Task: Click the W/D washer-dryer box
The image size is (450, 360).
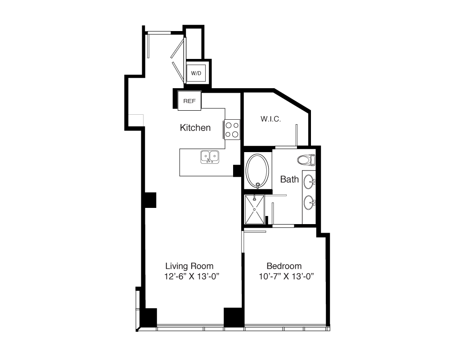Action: click(x=196, y=73)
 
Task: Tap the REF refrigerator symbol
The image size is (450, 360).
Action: click(x=189, y=101)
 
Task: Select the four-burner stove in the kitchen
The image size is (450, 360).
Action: click(x=232, y=130)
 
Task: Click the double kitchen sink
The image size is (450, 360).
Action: click(x=210, y=157)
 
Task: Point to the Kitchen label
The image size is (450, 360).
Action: click(x=195, y=127)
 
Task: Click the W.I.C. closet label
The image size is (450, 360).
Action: click(x=270, y=119)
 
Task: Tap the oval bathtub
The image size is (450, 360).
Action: click(x=258, y=171)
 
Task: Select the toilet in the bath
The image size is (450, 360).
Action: click(x=306, y=160)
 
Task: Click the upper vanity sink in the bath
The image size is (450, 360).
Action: click(x=310, y=182)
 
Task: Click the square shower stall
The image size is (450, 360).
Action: click(x=254, y=209)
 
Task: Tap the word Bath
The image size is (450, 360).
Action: click(x=289, y=180)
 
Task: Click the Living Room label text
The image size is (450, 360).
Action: click(x=189, y=266)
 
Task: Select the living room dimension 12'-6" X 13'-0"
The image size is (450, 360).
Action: click(x=192, y=276)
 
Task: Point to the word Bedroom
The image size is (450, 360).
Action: click(x=284, y=266)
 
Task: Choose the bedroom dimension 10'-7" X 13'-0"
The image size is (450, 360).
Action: click(x=286, y=276)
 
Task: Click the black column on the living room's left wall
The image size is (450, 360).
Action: click(x=150, y=200)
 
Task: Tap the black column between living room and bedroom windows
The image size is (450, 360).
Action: click(x=234, y=317)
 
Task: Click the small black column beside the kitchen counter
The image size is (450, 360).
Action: click(x=237, y=171)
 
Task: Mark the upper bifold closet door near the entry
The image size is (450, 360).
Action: click(x=177, y=48)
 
